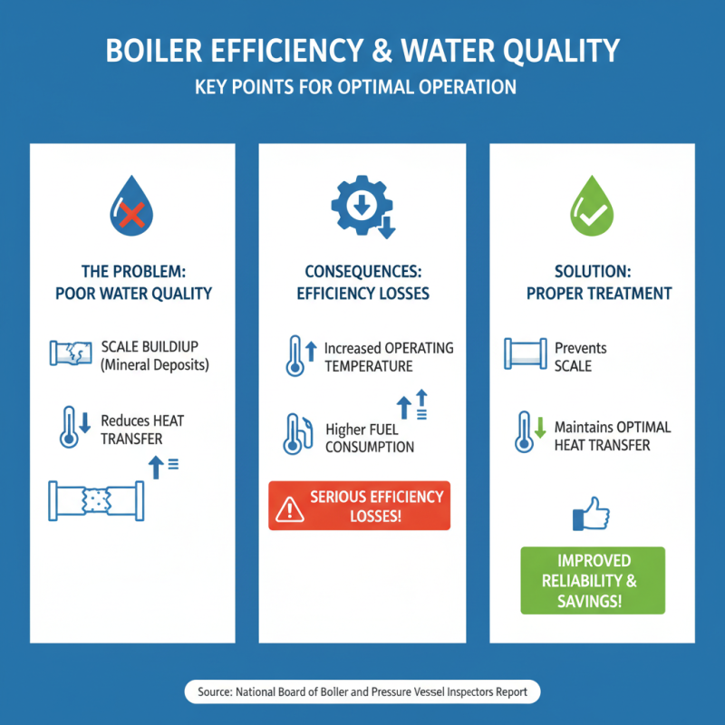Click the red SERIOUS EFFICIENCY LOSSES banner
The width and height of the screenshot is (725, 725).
tap(360, 506)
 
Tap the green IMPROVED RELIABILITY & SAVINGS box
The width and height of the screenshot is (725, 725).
tap(592, 581)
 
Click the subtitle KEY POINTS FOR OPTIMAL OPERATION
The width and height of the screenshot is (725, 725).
tap(362, 89)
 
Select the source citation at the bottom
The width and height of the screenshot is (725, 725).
tap(362, 692)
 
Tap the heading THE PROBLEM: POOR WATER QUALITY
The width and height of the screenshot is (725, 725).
tap(132, 282)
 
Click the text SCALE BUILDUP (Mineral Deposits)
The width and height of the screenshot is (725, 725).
tap(155, 356)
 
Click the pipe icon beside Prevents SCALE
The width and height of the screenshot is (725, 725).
tap(524, 354)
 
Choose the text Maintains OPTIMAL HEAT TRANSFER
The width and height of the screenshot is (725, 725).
tap(613, 436)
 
